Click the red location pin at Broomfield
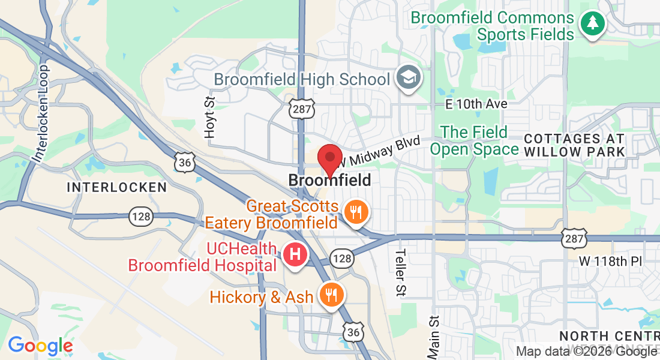(329, 157)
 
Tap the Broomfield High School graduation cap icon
(410, 78)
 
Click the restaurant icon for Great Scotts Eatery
(356, 212)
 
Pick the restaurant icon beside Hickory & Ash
(330, 295)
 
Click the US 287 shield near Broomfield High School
(300, 108)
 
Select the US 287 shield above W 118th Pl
(572, 238)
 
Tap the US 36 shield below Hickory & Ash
(354, 332)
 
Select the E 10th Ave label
(476, 104)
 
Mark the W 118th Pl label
(610, 261)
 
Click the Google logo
(40, 346)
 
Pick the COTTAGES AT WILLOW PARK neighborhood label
(575, 145)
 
